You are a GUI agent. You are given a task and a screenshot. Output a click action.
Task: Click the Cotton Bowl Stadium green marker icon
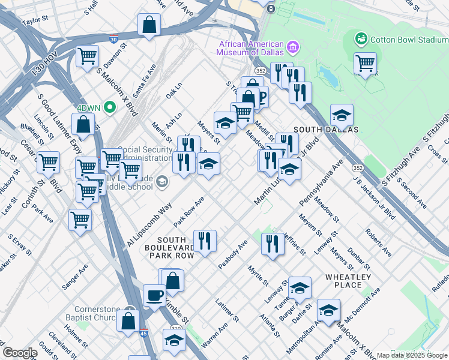pyautogui.click(x=361, y=40)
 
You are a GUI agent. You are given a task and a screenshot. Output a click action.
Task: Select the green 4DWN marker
pyautogui.click(x=109, y=107)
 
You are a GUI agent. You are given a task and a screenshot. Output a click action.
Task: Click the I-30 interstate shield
pyautogui.click(x=113, y=39)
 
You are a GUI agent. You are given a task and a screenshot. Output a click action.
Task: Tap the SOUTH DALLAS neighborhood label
pyautogui.click(x=325, y=130)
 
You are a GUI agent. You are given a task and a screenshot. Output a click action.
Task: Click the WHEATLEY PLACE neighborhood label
pyautogui.click(x=348, y=281)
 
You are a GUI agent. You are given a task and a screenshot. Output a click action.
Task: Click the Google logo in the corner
pyautogui.click(x=20, y=353)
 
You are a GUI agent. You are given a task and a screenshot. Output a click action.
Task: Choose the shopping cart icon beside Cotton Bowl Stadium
pyautogui.click(x=365, y=63)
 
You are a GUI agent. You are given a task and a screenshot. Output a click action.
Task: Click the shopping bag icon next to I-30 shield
pyautogui.click(x=149, y=25)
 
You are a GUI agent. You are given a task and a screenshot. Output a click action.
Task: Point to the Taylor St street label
pyautogui.click(x=35, y=20)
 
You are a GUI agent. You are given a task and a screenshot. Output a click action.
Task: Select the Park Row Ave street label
pyautogui.click(x=188, y=211)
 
